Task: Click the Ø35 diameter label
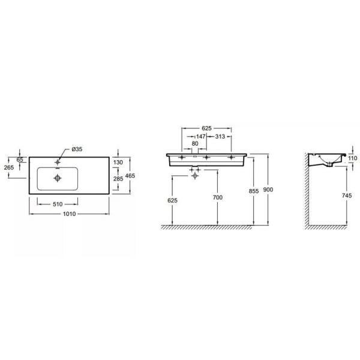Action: point(77,149)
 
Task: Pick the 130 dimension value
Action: point(118,163)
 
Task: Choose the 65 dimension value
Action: point(19,160)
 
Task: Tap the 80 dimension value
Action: point(195,144)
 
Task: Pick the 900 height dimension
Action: point(268,190)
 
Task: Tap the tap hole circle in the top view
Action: point(58,161)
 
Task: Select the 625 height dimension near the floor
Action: point(173,200)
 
